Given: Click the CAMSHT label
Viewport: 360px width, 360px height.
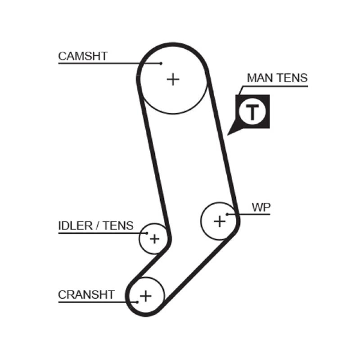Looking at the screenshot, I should click(x=83, y=56).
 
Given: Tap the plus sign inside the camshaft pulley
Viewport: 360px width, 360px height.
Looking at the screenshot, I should click(x=173, y=80).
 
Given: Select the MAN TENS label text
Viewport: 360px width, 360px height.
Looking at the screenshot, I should click(x=277, y=78).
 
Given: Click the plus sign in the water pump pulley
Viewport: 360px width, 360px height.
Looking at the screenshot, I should click(x=219, y=221).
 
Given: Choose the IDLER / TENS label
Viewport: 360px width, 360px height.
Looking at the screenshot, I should click(x=96, y=225).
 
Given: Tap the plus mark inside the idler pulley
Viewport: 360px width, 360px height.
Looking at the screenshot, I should click(x=154, y=238).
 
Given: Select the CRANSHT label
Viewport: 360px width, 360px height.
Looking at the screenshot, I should click(x=86, y=295).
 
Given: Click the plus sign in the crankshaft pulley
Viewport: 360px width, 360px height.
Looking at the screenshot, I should click(x=146, y=296).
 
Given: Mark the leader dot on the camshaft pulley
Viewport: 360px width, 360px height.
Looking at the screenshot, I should click(x=161, y=63).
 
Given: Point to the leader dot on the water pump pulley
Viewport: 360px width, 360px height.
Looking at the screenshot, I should click(x=228, y=214).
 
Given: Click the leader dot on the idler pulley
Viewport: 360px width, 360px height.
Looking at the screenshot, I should click(x=147, y=233).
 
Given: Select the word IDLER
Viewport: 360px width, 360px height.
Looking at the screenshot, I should click(x=74, y=225).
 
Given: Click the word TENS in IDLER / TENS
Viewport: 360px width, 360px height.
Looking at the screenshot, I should click(x=118, y=225).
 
